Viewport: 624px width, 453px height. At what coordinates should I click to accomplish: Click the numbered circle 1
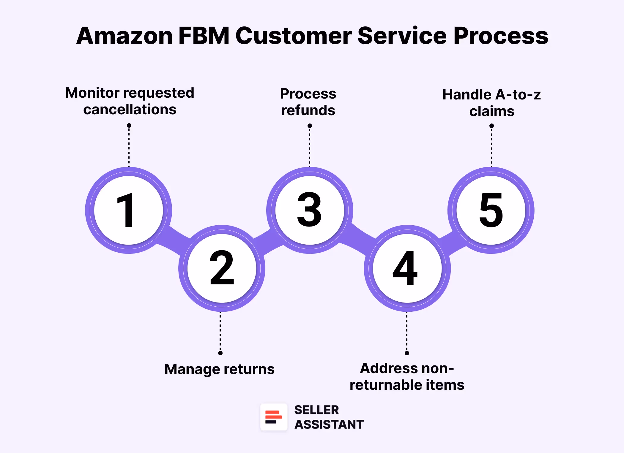click(x=128, y=210)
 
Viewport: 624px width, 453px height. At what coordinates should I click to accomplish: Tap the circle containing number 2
click(x=222, y=268)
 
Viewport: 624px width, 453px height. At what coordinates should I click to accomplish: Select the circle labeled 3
click(x=310, y=210)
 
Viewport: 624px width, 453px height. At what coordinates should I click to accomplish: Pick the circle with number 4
click(x=407, y=268)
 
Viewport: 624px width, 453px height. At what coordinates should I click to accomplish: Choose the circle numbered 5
click(x=491, y=210)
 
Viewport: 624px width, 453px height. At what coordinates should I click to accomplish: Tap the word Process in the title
click(x=500, y=36)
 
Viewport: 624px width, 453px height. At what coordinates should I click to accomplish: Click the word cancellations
click(x=130, y=110)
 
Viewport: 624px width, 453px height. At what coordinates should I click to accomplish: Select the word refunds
click(x=308, y=110)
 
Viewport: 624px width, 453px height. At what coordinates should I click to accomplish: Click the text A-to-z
click(x=518, y=95)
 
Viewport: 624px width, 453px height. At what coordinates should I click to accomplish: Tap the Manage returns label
click(x=219, y=369)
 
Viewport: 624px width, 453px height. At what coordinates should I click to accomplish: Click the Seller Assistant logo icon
click(x=274, y=417)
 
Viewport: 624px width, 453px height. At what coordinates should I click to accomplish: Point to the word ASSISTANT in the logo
click(x=329, y=425)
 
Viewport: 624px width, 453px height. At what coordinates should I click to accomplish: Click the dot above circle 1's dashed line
click(x=129, y=126)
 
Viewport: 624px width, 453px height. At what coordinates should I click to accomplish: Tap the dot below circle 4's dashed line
click(x=407, y=353)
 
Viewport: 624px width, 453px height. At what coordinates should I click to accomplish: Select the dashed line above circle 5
click(x=491, y=147)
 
